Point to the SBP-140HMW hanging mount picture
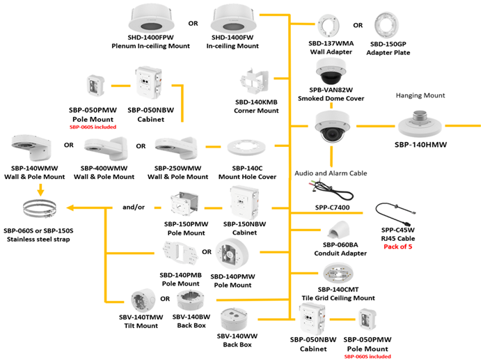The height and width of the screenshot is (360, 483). tap(420, 123)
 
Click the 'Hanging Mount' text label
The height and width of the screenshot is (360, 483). tap(420, 96)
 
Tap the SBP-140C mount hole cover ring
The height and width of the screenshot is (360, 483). tap(244, 149)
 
